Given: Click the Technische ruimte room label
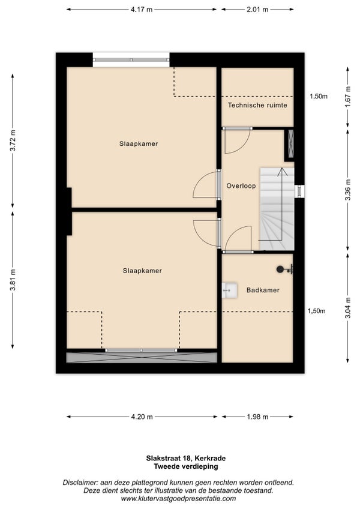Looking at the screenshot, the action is point(257,105).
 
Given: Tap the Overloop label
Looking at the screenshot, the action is point(241,186).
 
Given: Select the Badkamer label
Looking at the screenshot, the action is point(263,290).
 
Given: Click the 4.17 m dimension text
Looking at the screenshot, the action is point(142,10).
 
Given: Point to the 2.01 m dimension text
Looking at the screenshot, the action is point(257,10).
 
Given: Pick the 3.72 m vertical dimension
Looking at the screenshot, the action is point(13,140).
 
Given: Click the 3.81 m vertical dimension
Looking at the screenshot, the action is point(13,280).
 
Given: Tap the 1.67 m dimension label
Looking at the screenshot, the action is point(347,97).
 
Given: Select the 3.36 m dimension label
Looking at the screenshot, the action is point(347,190).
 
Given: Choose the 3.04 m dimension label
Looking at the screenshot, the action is point(347,308).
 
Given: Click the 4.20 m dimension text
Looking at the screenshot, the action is point(142,417).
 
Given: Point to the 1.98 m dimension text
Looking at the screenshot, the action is point(257,417).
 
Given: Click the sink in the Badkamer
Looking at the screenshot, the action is point(230,290).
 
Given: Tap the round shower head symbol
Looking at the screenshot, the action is point(280,269).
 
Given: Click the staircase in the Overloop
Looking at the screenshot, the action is point(277,209).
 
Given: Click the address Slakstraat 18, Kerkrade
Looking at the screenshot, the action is point(185,459).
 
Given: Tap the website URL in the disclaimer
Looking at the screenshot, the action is point(178,499).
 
